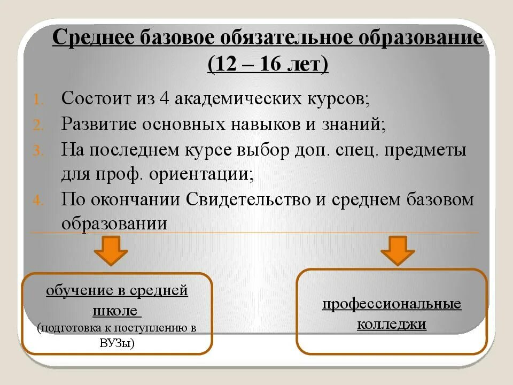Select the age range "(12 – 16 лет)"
tap(268, 65)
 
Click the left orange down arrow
tap(111, 250)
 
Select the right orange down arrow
tap(398, 250)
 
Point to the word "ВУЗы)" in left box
tap(116, 343)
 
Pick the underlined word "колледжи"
tap(392, 324)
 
